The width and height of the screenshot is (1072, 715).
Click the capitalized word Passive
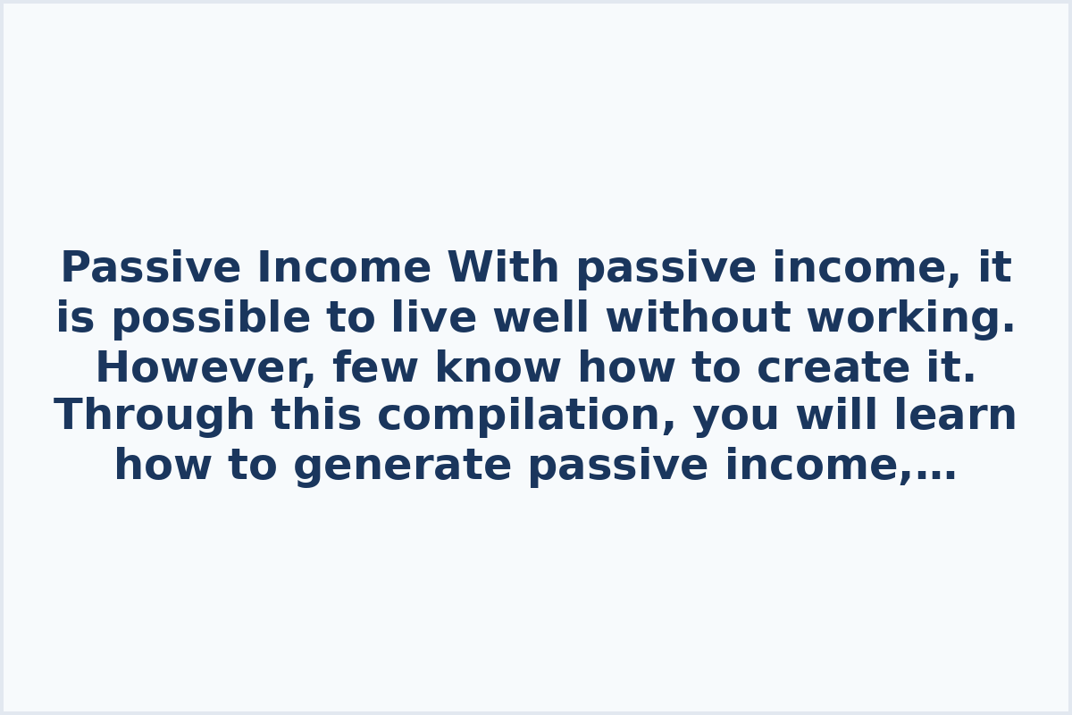(x=150, y=268)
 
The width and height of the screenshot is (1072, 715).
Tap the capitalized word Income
(x=344, y=268)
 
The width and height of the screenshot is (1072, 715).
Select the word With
(x=503, y=268)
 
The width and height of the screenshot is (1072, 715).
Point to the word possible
(x=211, y=319)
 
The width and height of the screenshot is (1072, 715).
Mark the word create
(x=808, y=368)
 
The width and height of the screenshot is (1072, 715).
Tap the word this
(x=315, y=416)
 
